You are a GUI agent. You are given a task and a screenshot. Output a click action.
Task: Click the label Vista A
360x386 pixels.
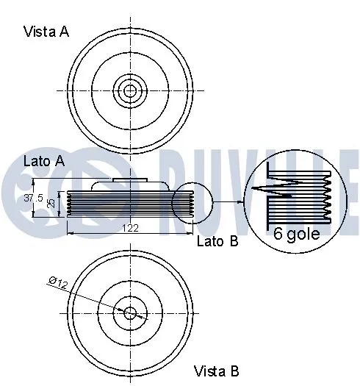tap(46, 32)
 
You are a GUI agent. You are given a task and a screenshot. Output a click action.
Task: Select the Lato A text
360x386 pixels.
tap(44, 160)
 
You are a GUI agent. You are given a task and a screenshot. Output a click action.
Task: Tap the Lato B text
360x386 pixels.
tap(217, 240)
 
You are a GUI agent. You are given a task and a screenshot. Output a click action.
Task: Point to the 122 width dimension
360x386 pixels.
tap(129, 229)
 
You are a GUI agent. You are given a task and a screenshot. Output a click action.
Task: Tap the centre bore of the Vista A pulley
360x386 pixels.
tap(130, 91)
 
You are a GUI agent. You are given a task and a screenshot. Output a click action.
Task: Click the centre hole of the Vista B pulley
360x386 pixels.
tap(130, 312)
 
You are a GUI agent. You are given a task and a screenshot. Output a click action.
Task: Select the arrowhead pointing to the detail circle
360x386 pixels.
tap(240, 201)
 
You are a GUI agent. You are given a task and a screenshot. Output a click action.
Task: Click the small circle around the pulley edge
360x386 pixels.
tap(192, 201)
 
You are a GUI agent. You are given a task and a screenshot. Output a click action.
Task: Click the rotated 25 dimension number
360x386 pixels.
tap(51, 203)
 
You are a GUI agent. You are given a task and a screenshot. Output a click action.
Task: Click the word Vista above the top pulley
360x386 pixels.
tap(38, 32)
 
